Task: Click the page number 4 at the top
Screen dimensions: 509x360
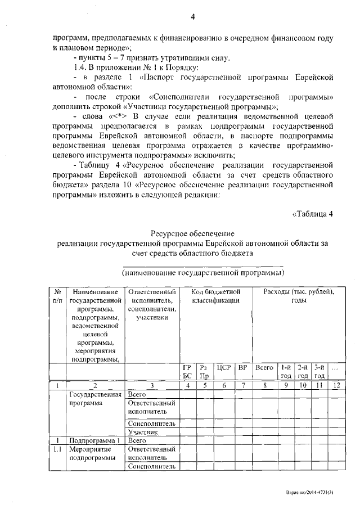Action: click(192, 16)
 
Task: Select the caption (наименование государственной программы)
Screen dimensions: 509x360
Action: click(202, 273)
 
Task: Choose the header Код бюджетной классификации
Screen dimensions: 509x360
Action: click(215, 296)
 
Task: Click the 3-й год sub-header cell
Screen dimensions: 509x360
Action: click(319, 372)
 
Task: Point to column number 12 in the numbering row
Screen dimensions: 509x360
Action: click(336, 385)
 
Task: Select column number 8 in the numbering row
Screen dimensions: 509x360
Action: click(264, 385)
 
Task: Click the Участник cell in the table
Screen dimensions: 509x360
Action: click(141, 432)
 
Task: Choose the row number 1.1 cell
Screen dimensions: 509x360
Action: click(57, 449)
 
